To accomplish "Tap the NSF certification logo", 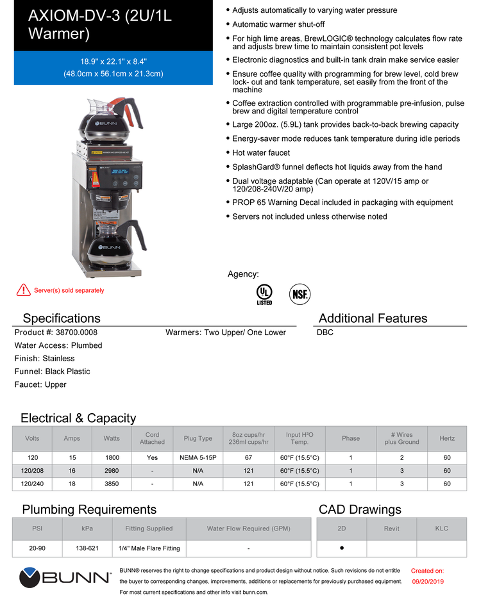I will click(300, 293).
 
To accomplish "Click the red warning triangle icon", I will click(23, 290).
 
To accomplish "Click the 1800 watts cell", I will click(107, 459).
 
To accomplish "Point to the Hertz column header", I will click(447, 439).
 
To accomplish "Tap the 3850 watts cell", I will click(107, 484).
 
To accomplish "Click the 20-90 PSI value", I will click(37, 548).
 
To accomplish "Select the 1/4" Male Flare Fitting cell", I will click(149, 548).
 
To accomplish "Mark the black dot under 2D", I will click(342, 548).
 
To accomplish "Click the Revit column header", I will click(391, 528).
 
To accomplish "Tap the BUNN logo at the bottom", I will click(65, 578).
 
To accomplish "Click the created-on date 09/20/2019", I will click(427, 582).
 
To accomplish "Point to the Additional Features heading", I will click(373, 318).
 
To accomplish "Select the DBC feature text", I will click(325, 332).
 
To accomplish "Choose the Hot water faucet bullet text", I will click(261, 152).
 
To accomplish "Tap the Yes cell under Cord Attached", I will click(152, 459).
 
